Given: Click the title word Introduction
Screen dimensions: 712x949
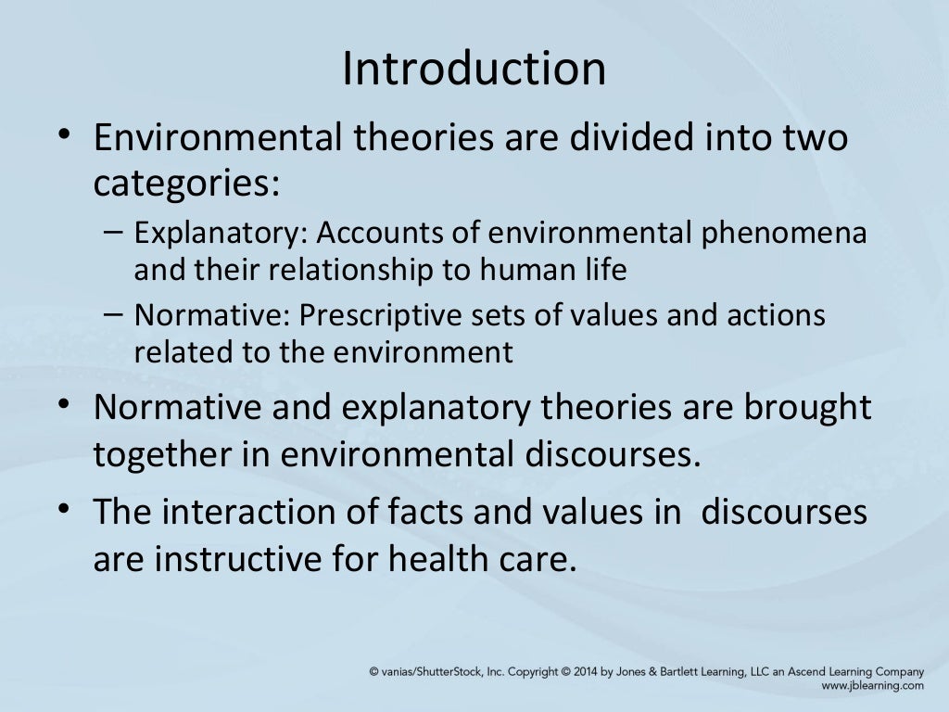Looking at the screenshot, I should point(474,70).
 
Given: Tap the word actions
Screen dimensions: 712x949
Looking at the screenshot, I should point(772,315).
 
